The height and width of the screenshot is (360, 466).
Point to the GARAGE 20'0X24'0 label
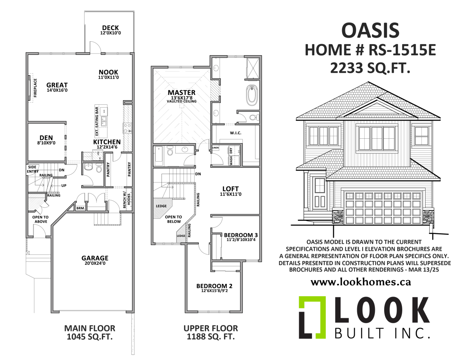[x=95, y=260]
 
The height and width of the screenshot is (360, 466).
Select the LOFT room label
[x=231, y=191]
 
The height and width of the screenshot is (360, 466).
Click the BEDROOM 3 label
[x=240, y=237]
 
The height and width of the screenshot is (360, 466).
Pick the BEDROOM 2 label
[x=214, y=288]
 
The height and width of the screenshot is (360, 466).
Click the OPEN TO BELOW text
[x=174, y=219]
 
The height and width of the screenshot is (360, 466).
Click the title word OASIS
[x=370, y=31]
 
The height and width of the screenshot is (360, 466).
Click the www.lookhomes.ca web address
[x=361, y=282]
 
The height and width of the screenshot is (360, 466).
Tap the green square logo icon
[x=312, y=317]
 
